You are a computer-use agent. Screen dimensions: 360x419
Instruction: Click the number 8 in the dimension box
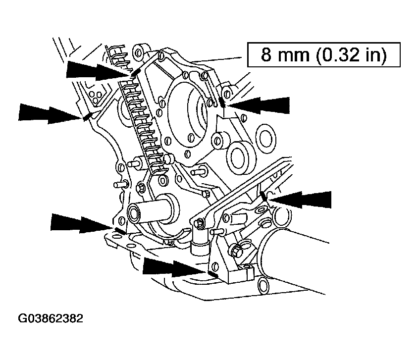(x=267, y=54)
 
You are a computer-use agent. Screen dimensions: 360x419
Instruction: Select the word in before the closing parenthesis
(x=374, y=54)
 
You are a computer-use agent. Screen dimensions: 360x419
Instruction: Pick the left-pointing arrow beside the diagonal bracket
(x=301, y=199)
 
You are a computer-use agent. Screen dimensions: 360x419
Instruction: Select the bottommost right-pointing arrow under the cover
(x=173, y=267)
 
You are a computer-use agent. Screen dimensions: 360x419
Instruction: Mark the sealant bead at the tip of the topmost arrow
(x=134, y=73)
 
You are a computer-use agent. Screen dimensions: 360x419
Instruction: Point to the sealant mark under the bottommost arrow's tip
(x=213, y=273)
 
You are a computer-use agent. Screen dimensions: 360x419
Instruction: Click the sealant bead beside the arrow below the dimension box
(x=223, y=103)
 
